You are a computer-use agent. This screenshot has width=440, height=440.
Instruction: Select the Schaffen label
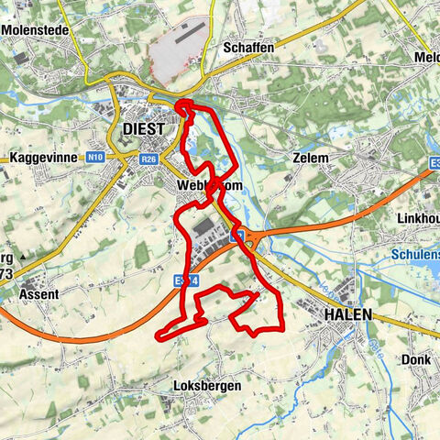pos(248,47)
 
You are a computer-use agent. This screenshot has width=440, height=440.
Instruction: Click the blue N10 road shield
pos(95,158)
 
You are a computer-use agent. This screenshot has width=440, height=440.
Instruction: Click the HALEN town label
pos(348,314)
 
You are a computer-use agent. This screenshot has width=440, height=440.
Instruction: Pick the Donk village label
pos(415,360)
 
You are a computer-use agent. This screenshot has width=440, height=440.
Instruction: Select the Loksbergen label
pos(206,387)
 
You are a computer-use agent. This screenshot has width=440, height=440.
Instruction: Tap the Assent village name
pos(38,295)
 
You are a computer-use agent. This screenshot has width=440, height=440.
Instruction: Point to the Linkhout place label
pos(417,218)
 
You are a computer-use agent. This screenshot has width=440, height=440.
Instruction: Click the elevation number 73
pos(7,274)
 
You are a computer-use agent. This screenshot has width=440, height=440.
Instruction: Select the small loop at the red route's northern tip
pos(184,107)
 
